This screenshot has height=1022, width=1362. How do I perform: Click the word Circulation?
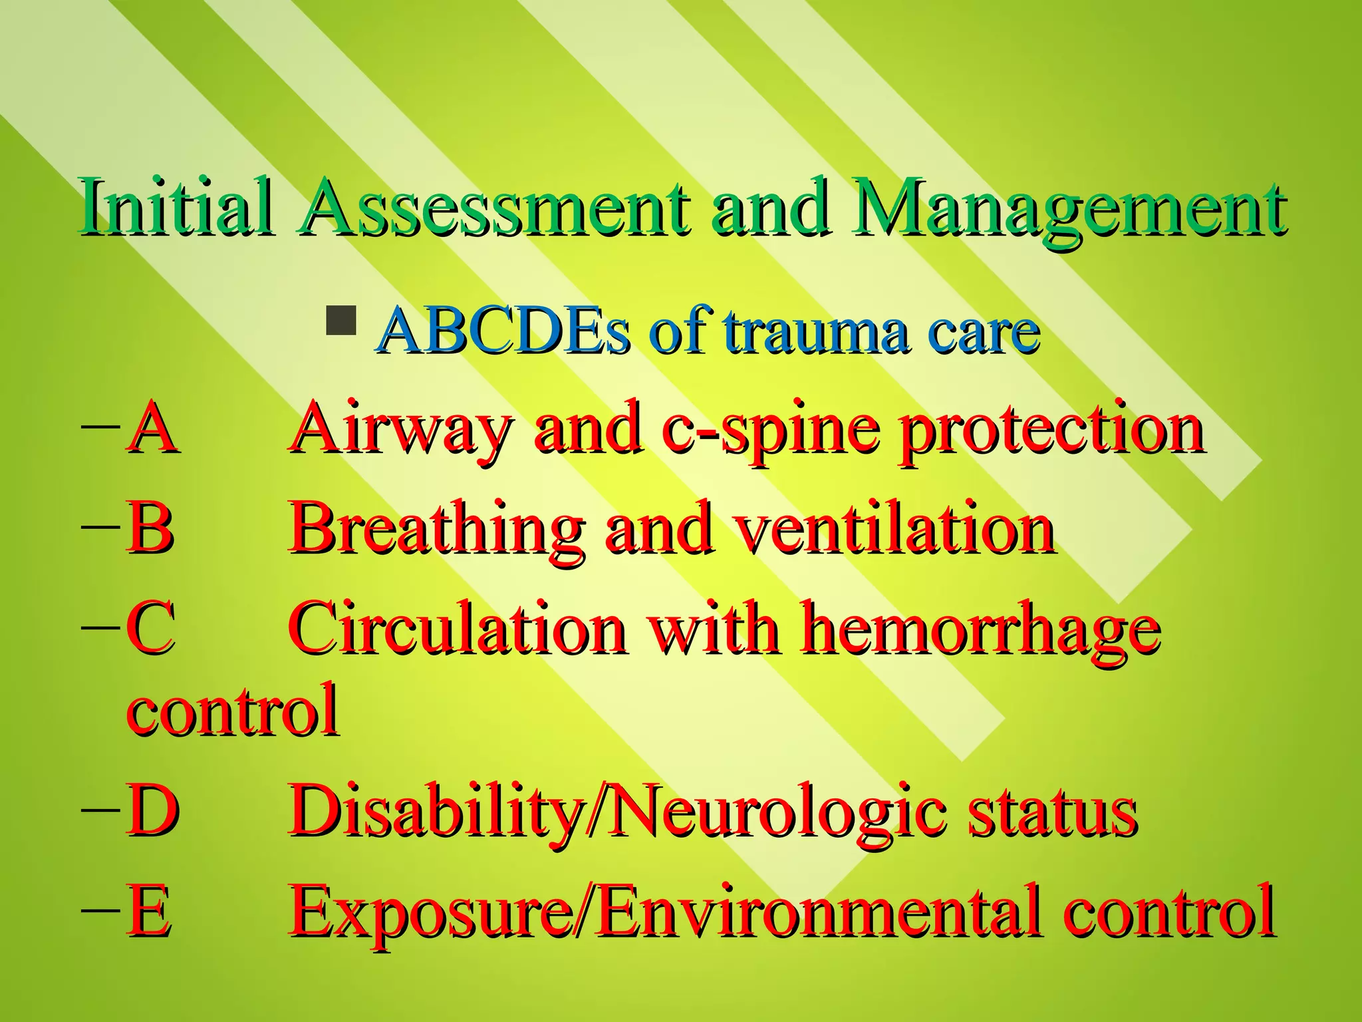tap(458, 628)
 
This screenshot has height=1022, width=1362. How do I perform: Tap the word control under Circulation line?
tap(233, 711)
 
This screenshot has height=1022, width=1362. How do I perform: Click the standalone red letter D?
tap(153, 811)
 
